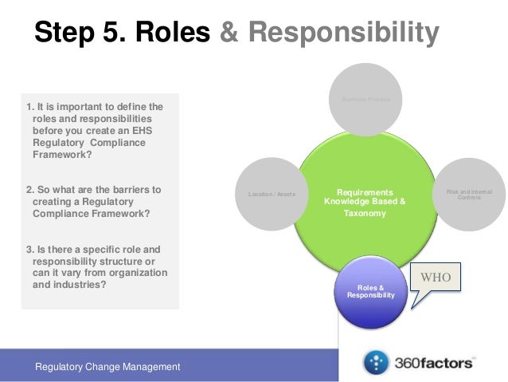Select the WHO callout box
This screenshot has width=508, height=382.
(437, 280)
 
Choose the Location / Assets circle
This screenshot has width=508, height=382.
(270, 194)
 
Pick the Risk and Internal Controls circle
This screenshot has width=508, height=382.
(470, 194)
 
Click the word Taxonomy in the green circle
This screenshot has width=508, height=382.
(365, 215)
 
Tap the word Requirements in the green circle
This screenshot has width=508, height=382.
(365, 192)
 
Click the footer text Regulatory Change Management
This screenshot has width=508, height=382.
(107, 366)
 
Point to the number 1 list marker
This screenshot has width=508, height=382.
(29, 106)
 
